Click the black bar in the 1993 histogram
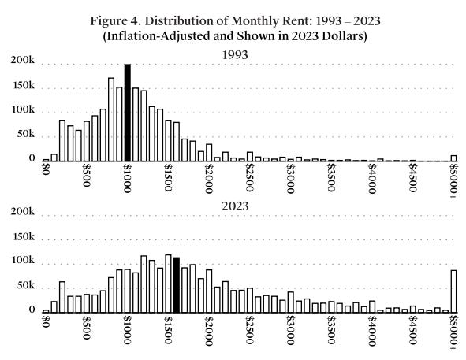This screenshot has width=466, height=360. (x=127, y=113)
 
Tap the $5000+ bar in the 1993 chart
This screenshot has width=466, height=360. (x=453, y=158)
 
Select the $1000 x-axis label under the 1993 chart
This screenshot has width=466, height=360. (x=127, y=177)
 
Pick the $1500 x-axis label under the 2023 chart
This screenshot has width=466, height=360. (x=168, y=328)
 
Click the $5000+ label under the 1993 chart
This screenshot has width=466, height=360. (x=453, y=180)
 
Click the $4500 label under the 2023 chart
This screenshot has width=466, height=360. (x=412, y=328)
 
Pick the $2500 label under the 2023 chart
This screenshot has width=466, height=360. (x=249, y=328)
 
